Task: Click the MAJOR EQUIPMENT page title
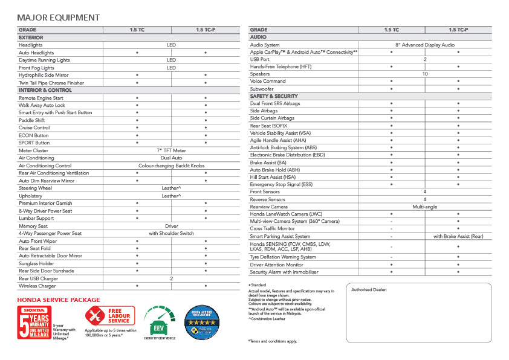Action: click(x=59, y=18)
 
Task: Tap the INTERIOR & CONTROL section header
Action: click(x=45, y=90)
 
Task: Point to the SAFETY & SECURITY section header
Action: click(x=274, y=96)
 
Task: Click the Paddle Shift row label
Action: click(x=34, y=120)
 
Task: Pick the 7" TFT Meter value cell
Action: click(x=171, y=150)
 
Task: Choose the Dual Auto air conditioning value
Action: click(x=171, y=158)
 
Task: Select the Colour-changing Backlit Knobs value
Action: click(x=171, y=166)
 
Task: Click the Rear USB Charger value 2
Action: click(x=171, y=278)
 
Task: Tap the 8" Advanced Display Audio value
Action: click(x=425, y=45)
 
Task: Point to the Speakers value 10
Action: click(x=425, y=74)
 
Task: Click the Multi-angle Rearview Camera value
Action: click(x=425, y=207)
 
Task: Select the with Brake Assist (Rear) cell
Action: click(x=458, y=236)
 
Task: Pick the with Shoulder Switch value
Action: click(x=171, y=233)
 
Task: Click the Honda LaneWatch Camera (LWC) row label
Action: click(x=286, y=214)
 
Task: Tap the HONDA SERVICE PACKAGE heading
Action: click(x=59, y=300)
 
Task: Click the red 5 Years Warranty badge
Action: click(x=34, y=322)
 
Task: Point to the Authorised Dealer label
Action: click(x=369, y=290)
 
